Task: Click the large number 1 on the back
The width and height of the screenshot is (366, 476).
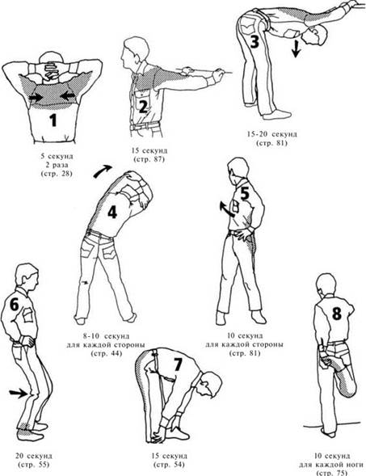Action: coord(53,120)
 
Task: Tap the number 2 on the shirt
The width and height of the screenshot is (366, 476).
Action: coord(143,107)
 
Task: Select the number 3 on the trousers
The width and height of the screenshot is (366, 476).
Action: coord(254,41)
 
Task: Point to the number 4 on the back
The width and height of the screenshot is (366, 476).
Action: coord(112,212)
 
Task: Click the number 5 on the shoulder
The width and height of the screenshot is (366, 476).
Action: coord(245,193)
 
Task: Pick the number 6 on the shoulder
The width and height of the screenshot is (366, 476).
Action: coord(15,304)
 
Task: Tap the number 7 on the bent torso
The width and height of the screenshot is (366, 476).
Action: coord(178,364)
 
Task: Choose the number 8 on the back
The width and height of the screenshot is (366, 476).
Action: coord(337,314)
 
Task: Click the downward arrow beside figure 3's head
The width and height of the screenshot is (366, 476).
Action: coord(296,48)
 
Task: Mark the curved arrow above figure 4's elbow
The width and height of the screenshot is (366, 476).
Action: coord(103,171)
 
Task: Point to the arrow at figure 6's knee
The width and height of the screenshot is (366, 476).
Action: coord(19,394)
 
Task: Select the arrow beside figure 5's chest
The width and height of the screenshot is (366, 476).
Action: coord(227,209)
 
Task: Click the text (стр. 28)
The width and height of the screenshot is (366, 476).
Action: coord(57,174)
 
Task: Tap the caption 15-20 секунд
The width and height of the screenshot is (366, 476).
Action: coord(272,134)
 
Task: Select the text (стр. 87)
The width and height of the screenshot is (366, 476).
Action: coord(149,159)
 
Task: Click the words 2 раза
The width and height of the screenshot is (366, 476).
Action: coord(57,166)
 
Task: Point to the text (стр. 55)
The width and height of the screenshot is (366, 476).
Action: coord(34,465)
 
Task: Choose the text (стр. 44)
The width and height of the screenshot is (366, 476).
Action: coord(106,353)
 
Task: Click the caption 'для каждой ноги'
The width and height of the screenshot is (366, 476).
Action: coord(331,465)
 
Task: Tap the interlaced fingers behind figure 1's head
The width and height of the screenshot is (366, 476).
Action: coord(48,71)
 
